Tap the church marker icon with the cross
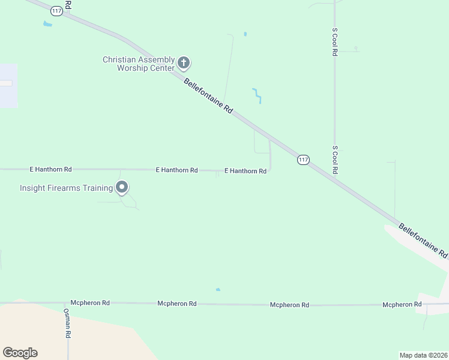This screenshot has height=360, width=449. [x=184, y=62]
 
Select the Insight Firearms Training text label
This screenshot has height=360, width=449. [x=66, y=188]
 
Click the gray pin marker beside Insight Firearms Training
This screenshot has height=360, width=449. [x=122, y=188]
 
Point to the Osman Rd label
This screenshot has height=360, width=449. [x=68, y=322]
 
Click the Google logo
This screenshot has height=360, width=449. [x=20, y=353]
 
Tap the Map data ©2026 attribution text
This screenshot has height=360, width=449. [x=423, y=355]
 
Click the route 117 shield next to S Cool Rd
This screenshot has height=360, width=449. [x=303, y=160]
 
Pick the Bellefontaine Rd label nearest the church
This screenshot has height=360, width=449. [x=208, y=96]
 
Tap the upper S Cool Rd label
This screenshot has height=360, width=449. [x=334, y=41]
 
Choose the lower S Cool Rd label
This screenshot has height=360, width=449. [x=335, y=160]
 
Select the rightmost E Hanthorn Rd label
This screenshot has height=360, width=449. [x=246, y=171]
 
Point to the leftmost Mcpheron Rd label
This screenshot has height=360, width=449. [x=90, y=303]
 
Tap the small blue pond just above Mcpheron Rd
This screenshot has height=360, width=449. [x=218, y=290]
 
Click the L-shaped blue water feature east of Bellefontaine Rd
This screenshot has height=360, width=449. [x=257, y=95]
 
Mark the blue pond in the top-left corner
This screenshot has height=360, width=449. [x=47, y=24]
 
